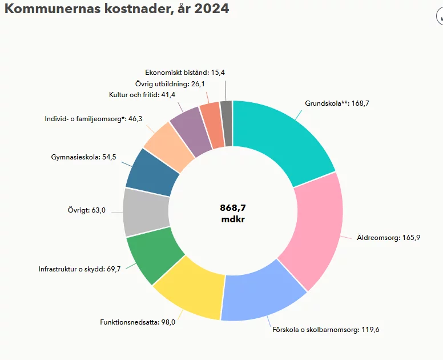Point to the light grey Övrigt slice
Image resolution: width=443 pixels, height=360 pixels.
tap(146, 211)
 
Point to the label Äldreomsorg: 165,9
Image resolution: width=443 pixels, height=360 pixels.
tap(388, 238)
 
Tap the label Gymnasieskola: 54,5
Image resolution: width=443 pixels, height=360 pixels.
tap(83, 157)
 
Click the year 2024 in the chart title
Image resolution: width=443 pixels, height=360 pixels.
tap(212, 10)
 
